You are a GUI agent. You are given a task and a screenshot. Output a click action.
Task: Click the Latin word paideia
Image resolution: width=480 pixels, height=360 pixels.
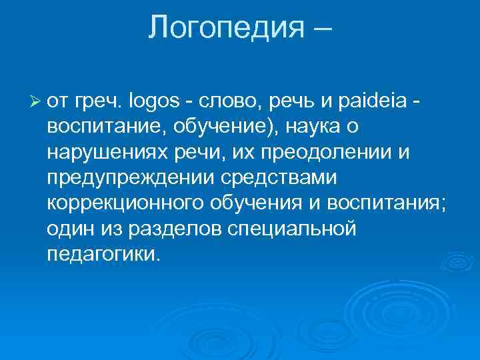370,101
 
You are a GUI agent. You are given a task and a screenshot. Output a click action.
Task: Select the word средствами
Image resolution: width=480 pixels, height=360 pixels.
273,178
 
